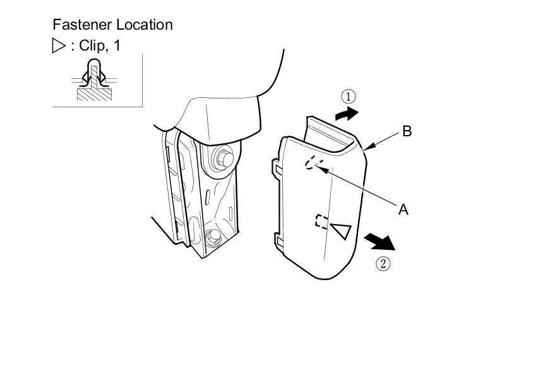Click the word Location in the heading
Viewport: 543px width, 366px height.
point(143,25)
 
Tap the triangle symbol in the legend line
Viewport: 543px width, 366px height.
point(59,46)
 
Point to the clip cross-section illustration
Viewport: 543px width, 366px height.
point(94,80)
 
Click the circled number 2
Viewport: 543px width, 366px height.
point(383,263)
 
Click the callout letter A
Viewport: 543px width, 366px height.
point(403,210)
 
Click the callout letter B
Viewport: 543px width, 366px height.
point(407,131)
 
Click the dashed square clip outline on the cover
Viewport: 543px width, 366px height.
point(321,221)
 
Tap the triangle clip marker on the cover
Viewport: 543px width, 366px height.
point(340,231)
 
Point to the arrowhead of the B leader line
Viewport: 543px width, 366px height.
point(368,148)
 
